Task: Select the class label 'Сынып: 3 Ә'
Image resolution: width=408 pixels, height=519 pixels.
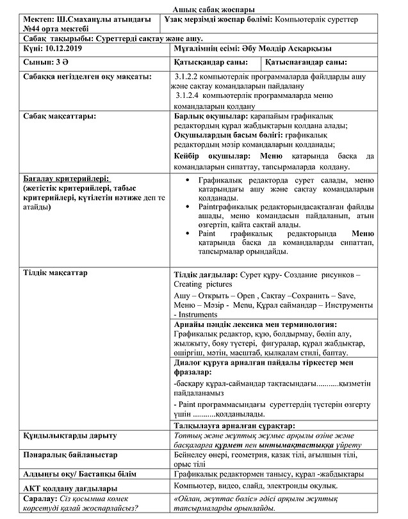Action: click(x=44, y=63)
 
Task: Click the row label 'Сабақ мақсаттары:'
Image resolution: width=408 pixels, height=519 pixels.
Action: click(x=60, y=116)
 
